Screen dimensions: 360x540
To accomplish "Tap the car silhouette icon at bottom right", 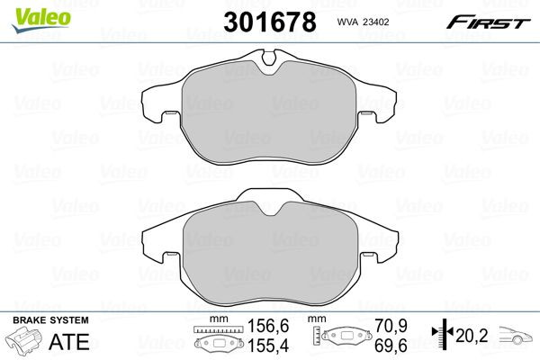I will click(x=515, y=337).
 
